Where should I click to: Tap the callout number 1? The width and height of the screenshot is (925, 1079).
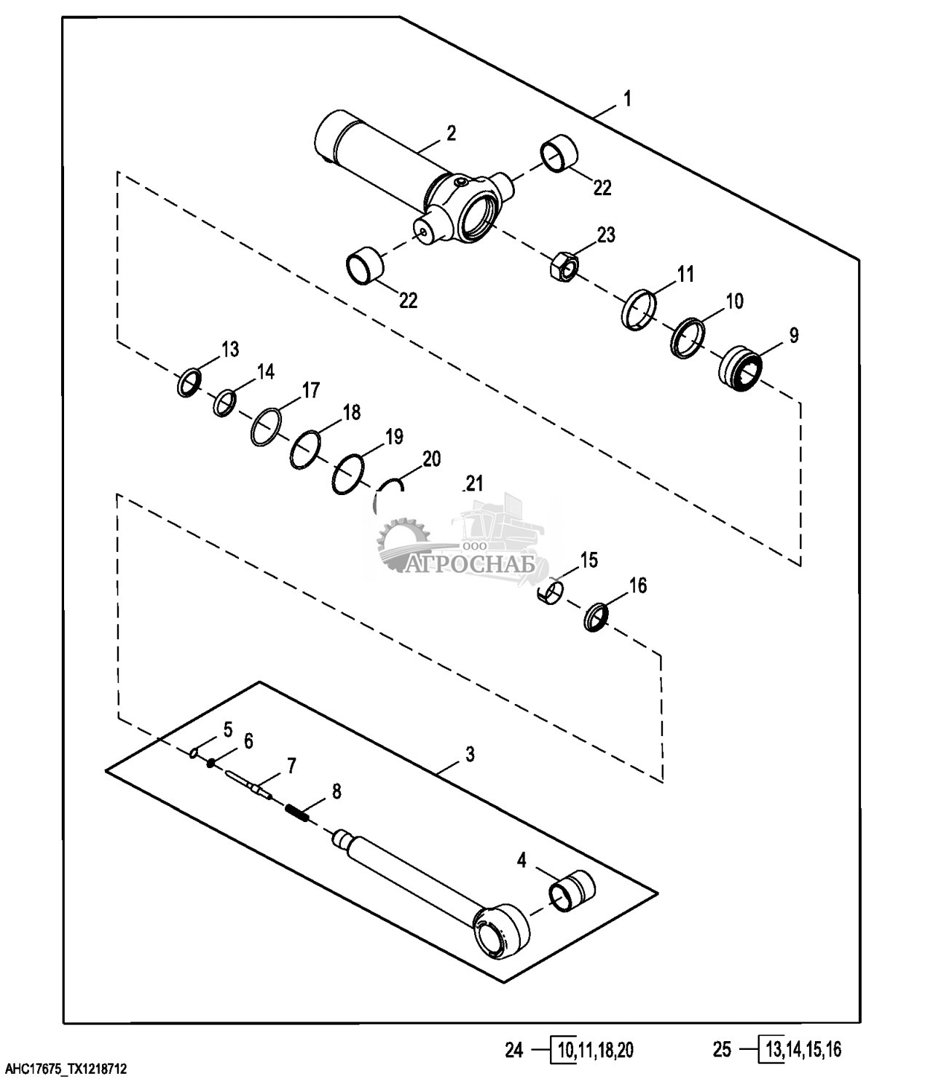pos(627,98)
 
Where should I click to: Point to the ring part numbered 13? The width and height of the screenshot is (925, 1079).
pos(188,383)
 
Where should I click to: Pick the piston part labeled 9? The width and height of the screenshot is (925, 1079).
pos(740,368)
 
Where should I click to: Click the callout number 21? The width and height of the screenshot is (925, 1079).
pos(474,484)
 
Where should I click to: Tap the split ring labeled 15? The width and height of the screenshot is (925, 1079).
pos(551,593)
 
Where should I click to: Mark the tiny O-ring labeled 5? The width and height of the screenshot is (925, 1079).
pos(194,754)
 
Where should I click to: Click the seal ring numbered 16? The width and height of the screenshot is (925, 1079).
pos(596,617)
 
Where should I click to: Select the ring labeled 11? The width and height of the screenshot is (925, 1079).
pos(639,309)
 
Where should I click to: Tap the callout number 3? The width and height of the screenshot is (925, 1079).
pos(470,754)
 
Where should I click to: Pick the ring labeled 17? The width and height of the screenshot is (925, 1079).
pos(266,427)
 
